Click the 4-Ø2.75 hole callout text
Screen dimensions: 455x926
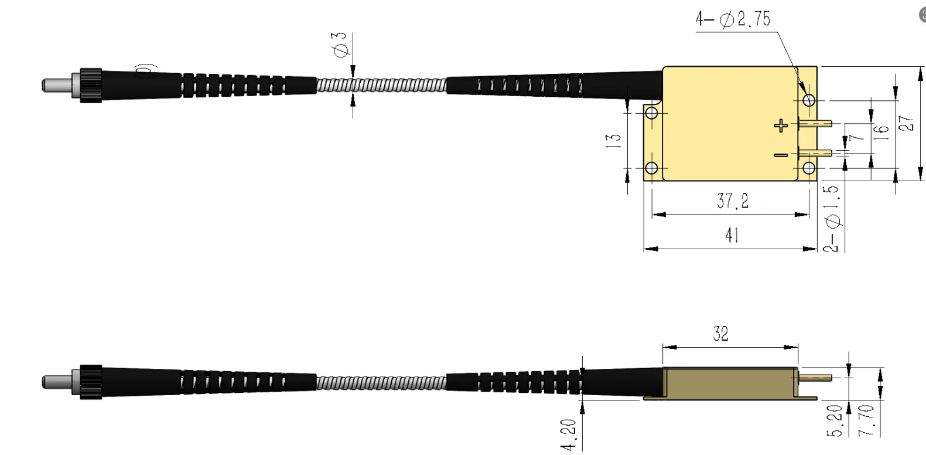tap(733, 19)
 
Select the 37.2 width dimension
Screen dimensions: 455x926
tap(732, 201)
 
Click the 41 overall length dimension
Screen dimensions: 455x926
tap(732, 235)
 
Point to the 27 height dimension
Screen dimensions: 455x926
tap(906, 123)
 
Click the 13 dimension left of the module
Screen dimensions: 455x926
tap(613, 140)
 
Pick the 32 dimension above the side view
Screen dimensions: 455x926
tap(721, 334)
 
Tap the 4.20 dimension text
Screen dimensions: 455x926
tap(569, 434)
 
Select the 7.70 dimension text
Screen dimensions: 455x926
tap(865, 420)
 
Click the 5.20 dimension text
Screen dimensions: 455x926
tap(835, 421)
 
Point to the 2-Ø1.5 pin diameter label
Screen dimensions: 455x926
tap(832, 219)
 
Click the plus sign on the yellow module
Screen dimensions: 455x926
tap(781, 125)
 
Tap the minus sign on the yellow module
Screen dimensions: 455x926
tap(781, 155)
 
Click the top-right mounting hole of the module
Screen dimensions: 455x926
tap(809, 100)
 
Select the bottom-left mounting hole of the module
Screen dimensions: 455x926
tap(651, 169)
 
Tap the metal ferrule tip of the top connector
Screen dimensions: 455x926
tap(56, 85)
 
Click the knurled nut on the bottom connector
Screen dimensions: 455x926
tap(90, 381)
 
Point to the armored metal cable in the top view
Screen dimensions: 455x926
tap(381, 86)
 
